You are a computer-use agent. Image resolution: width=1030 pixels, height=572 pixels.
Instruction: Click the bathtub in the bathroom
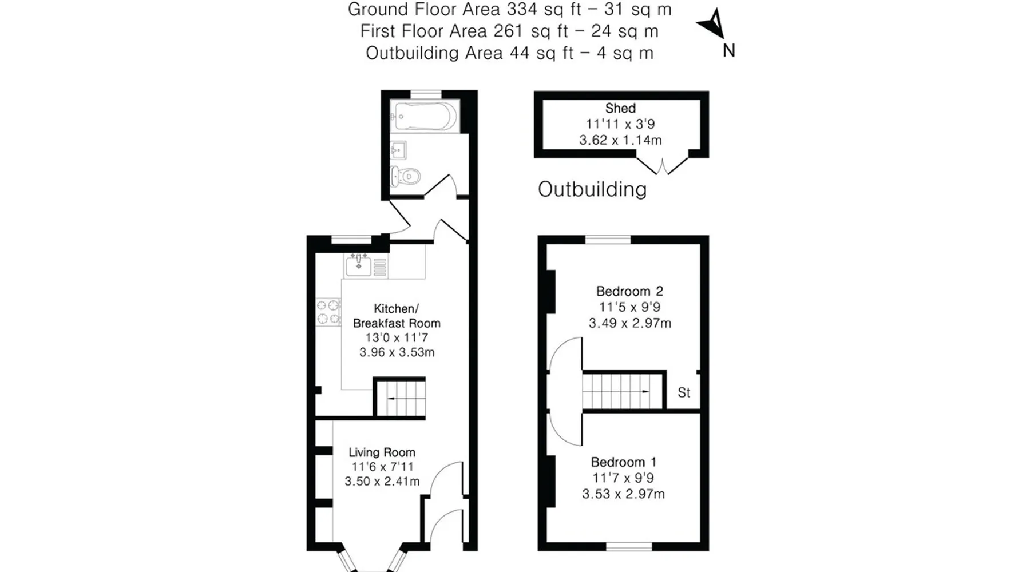pos(425,116)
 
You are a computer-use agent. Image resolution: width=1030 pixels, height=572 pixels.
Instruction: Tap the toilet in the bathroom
pos(406,176)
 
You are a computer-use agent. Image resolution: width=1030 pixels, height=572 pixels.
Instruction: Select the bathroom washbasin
pos(398,150)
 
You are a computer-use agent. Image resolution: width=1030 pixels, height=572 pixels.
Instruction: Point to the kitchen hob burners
pos(328,312)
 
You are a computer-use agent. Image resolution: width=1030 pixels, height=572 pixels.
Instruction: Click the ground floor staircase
pos(400,398)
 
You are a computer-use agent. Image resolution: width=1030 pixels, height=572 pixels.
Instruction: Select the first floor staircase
pos(624,391)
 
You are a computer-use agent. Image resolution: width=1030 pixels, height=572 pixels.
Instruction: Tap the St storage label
pos(684,392)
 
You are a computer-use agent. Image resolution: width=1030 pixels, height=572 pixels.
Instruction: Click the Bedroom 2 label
pos(629,291)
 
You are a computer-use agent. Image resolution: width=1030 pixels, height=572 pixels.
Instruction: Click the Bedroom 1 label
pos(624,462)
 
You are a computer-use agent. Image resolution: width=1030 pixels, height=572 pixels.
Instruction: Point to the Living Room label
pos(382,452)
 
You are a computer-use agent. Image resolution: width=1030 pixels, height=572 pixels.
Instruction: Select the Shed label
pos(620,108)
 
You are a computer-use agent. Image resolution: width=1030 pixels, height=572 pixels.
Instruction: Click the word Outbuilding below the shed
pos(592,189)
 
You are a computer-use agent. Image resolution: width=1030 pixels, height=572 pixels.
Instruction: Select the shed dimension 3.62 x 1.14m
pos(620,140)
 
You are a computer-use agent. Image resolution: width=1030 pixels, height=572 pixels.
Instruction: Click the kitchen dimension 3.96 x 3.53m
pos(397,352)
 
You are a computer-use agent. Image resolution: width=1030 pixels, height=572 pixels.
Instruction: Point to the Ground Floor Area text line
pos(509,10)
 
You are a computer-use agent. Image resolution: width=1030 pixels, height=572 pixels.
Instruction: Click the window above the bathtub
pos(427,94)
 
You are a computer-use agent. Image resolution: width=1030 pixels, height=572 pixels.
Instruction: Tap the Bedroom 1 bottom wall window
pos(629,547)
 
